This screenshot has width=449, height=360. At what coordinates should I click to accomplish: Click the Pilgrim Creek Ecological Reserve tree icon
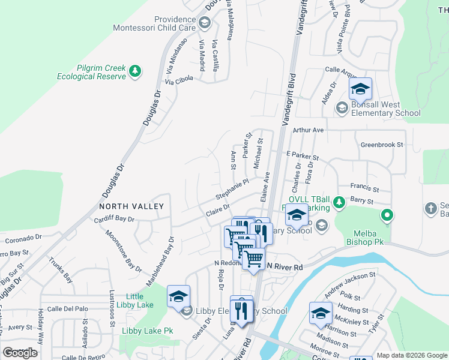pos(136,71)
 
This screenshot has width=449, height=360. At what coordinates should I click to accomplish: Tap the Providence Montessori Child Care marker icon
pos(204,23)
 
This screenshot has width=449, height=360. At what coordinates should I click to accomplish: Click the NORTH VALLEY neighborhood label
pos(131,206)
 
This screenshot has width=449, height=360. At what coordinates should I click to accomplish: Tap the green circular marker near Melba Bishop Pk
pos(387,214)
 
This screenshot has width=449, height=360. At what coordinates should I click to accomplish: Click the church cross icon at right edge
pos(430,208)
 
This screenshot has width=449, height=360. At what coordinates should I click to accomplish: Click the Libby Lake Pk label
pos(147,331)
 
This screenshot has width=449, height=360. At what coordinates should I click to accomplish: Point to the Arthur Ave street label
pos(308,130)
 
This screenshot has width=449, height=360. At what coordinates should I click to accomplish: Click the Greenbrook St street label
pos(382,145)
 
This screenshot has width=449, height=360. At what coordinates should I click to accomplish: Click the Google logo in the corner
pos(20,353)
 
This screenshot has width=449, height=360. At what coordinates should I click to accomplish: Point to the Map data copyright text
pos(412,355)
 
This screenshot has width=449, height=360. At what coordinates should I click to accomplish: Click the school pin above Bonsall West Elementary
pos(360,90)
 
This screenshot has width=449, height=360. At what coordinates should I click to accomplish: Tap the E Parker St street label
pos(301,155)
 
